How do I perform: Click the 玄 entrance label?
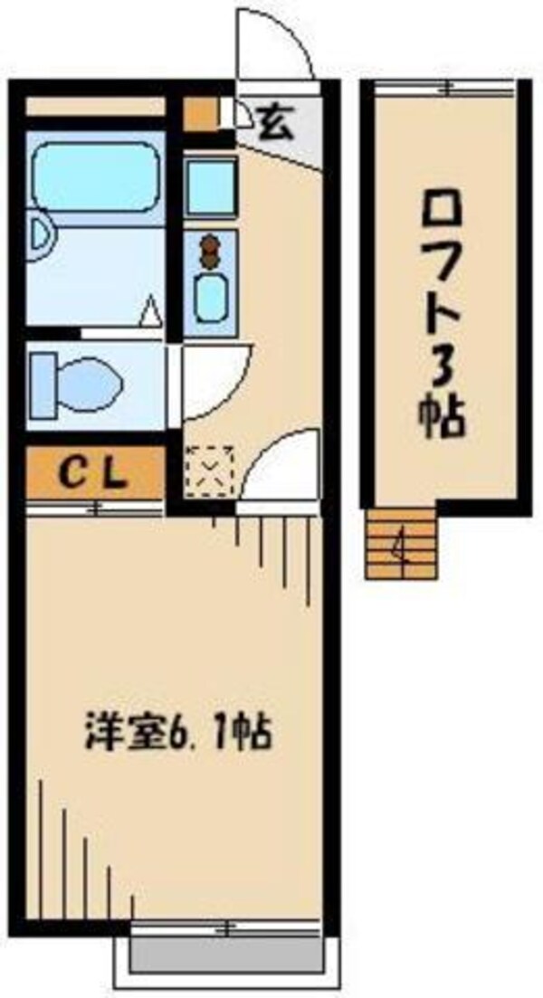coord(275,120)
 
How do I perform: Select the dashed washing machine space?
coord(209,470)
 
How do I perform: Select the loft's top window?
coord(443,87)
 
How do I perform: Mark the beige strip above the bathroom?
coord(95,106)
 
